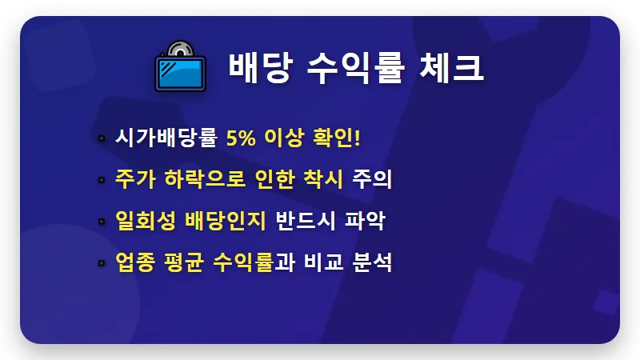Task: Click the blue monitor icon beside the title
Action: point(180,73)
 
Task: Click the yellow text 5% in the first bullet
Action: point(242,137)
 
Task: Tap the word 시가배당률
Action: point(166,137)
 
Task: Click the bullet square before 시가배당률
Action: point(102,138)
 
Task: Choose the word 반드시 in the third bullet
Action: point(307,220)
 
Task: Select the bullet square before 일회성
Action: point(102,222)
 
